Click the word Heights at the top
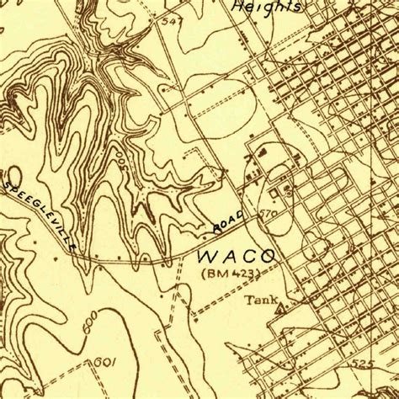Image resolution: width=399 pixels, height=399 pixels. [x=267, y=6]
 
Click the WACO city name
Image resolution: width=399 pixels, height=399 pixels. [x=237, y=255]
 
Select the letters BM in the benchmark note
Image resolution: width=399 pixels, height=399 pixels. [x=213, y=273]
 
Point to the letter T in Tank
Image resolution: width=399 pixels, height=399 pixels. [x=249, y=299]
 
